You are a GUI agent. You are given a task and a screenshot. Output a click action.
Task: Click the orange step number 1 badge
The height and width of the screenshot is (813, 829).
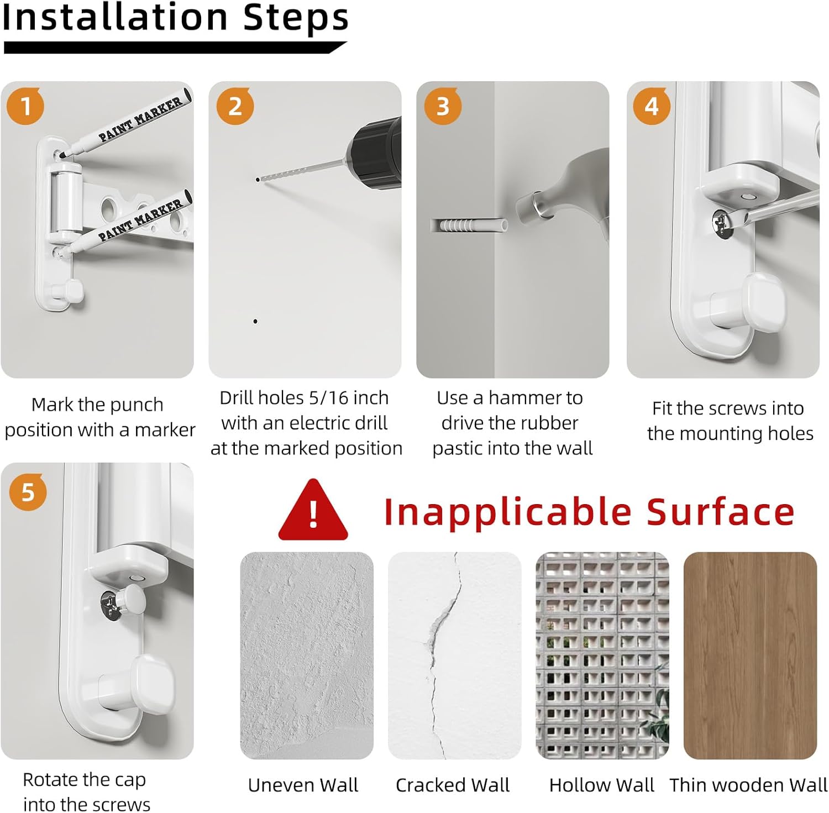(25, 106)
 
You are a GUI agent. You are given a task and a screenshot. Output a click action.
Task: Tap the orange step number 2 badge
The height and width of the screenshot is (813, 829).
(235, 106)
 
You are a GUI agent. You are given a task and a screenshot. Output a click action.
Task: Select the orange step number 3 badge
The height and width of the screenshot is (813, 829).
(443, 106)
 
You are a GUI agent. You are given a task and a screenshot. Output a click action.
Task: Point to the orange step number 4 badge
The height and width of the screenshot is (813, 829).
(652, 106)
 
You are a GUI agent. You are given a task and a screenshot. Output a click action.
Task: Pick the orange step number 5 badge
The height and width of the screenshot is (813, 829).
(28, 492)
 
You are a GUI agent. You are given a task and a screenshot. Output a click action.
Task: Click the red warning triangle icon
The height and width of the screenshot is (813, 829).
(313, 510)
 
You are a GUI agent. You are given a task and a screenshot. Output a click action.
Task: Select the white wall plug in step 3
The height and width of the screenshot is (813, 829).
(469, 225)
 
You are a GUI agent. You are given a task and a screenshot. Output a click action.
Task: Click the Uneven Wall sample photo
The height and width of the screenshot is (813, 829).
(307, 655)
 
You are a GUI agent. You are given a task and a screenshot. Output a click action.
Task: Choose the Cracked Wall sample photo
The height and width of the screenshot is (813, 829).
(455, 655)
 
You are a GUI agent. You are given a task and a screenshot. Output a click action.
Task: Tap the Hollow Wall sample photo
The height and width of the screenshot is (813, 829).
(602, 655)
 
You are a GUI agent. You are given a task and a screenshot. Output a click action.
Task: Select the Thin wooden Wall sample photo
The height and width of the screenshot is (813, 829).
(751, 655)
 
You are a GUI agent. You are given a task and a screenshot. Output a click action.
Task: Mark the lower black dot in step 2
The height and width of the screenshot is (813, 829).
(255, 321)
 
